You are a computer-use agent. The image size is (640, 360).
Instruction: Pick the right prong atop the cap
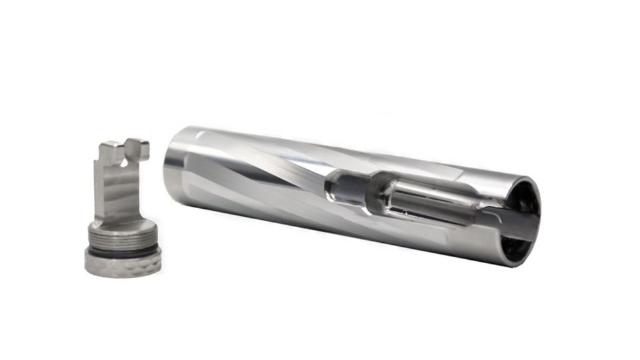[138, 149]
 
